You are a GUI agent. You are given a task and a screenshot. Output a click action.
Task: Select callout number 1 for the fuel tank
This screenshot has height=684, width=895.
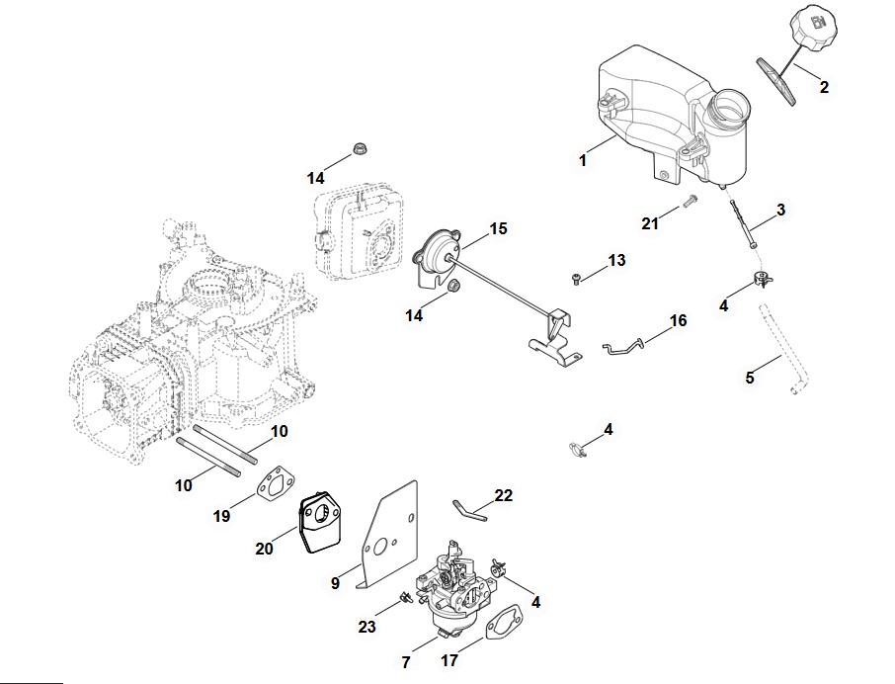coord(584,159)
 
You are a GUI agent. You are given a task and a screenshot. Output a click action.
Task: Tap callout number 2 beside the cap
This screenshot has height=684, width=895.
coord(824,87)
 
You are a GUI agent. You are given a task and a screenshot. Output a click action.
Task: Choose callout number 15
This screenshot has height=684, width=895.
coord(498,228)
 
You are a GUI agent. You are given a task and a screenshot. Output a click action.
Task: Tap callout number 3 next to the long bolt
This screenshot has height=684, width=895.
coord(780,210)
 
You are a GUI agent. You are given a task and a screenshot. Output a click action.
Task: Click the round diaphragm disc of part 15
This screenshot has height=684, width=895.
coord(435,247)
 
